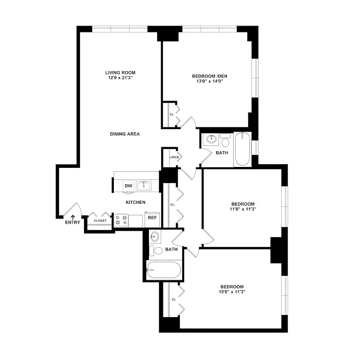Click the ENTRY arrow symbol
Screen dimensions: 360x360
pos(72,217)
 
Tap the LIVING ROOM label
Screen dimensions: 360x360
pos(120,72)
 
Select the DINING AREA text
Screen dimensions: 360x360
pos(125,134)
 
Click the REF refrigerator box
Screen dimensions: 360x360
pos(153,218)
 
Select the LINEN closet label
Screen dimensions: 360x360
pos(174,157)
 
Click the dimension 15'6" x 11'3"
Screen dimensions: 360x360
pos(232,292)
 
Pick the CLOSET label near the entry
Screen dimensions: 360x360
pos(100,221)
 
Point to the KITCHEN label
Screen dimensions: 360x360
pos(135,202)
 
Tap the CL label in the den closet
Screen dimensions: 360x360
pos(172,114)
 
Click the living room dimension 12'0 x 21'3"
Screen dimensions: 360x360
pos(120,78)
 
